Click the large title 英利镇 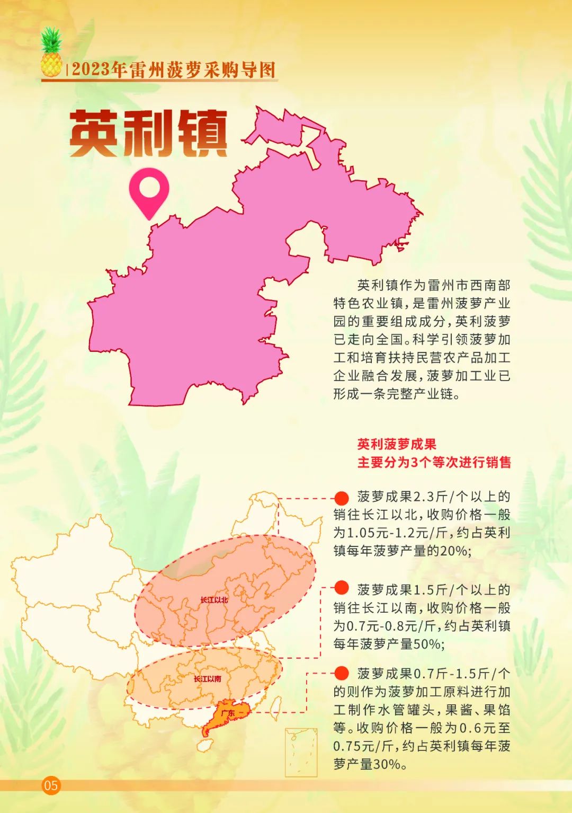coord(148,133)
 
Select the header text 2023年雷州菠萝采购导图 coord(174,70)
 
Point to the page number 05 coord(51,785)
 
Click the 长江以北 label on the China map coord(214,600)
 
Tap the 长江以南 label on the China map coord(207,679)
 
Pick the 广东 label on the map coord(228,713)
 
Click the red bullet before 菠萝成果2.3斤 coord(342,497)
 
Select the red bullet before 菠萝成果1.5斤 coord(342,587)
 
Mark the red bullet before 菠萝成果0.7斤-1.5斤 coord(342,673)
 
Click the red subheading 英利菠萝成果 coord(396,444)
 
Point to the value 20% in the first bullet coord(454,551)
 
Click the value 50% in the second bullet coord(428,644)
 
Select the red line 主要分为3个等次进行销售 coord(434,462)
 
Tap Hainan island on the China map coord(204,745)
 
